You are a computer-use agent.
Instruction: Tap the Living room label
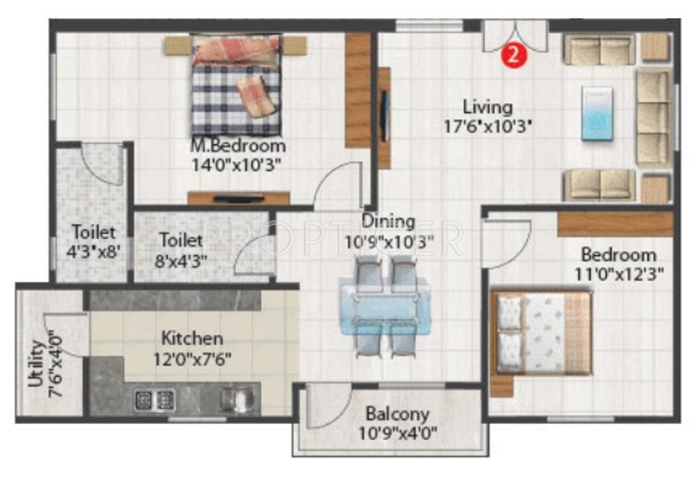(487, 107)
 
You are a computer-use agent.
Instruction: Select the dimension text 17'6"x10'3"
(487, 125)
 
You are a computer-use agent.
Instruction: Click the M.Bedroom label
(238, 147)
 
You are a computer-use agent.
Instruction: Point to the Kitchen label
(192, 338)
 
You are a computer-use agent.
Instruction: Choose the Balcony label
(397, 414)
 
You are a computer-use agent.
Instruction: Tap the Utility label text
(36, 363)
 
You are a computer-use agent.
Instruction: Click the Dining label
(388, 221)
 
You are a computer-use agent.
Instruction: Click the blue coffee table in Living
(596, 113)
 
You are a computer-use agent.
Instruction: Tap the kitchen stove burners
(155, 398)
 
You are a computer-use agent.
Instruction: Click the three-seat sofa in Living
(652, 116)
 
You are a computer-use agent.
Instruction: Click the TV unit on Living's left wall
(384, 118)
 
